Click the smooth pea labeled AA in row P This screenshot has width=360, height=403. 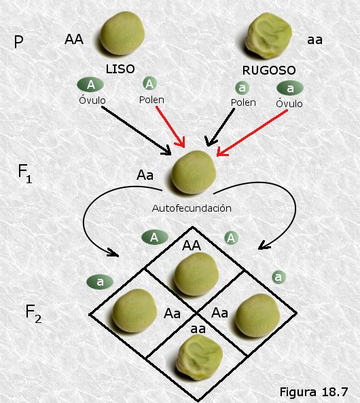(122, 33)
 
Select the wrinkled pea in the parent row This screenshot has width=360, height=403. (268, 35)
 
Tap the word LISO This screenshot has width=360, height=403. (120, 69)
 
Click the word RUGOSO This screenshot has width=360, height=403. (269, 70)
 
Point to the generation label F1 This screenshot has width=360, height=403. (25, 174)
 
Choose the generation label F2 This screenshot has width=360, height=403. (33, 314)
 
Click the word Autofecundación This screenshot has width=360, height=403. (192, 208)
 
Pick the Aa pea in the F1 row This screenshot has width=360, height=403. (194, 172)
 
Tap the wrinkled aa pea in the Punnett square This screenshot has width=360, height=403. (198, 358)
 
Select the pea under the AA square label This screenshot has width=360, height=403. (196, 274)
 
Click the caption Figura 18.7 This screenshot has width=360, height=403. (314, 392)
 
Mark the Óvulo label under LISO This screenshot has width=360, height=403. (92, 100)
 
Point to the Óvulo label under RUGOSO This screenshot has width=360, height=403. (289, 103)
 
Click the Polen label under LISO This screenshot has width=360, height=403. (151, 100)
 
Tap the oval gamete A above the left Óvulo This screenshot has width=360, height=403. (90, 85)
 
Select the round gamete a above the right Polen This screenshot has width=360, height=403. (242, 88)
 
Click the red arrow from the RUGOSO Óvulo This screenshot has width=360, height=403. (252, 133)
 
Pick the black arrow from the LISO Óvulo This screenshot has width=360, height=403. (137, 130)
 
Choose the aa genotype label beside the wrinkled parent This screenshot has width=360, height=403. (314, 40)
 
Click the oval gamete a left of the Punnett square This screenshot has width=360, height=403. (100, 282)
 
